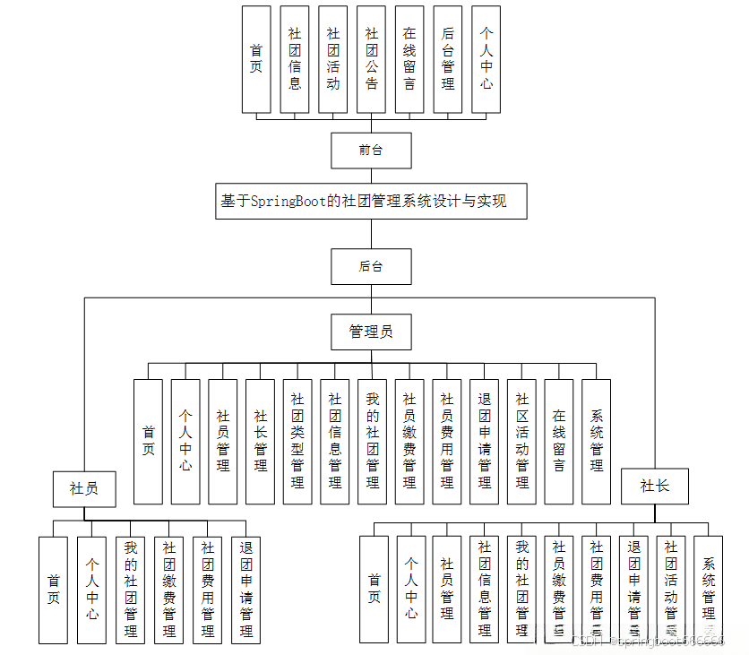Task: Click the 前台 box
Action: [x=371, y=151]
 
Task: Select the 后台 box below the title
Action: [x=371, y=266]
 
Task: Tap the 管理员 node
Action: [x=371, y=332]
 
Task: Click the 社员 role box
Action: [x=84, y=488]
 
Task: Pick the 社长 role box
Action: [x=654, y=486]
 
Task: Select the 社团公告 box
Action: [x=371, y=59]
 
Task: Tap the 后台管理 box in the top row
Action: [x=448, y=59]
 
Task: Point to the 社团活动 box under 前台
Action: [x=332, y=59]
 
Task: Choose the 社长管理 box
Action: [x=260, y=441]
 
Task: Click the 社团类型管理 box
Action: [x=297, y=441]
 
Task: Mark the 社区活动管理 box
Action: [x=521, y=441]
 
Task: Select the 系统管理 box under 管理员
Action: [x=597, y=441]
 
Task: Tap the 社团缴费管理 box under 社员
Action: [x=168, y=590]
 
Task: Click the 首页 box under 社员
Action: [x=53, y=590]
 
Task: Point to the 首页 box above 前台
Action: [x=256, y=59]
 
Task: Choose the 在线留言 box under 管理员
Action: [x=559, y=441]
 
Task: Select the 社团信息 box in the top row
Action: [x=295, y=59]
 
